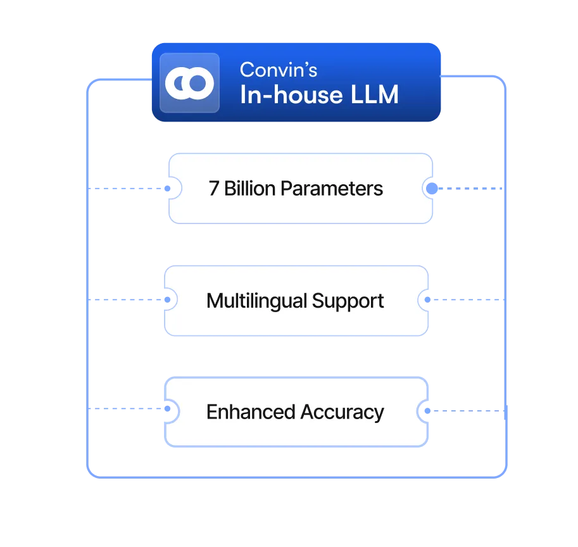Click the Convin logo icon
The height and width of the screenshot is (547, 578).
tap(189, 83)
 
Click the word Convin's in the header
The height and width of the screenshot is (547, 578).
tap(279, 70)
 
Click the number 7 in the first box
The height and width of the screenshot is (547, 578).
tap(214, 189)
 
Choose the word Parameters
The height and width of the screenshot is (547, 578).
tap(332, 189)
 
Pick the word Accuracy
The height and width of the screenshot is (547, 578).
tap(342, 412)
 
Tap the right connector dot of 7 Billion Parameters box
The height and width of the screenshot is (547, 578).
tap(431, 189)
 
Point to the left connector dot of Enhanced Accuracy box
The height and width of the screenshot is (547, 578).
tap(168, 410)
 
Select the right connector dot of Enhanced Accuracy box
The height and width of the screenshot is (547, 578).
tap(427, 412)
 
